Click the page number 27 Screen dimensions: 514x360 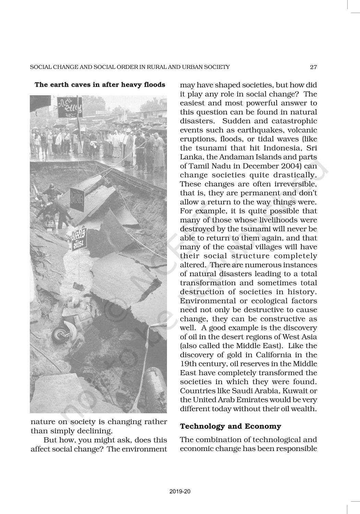[313, 67]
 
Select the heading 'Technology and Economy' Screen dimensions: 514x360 [230, 426]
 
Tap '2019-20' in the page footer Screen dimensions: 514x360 [180, 491]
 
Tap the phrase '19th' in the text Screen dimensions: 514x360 [188, 364]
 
